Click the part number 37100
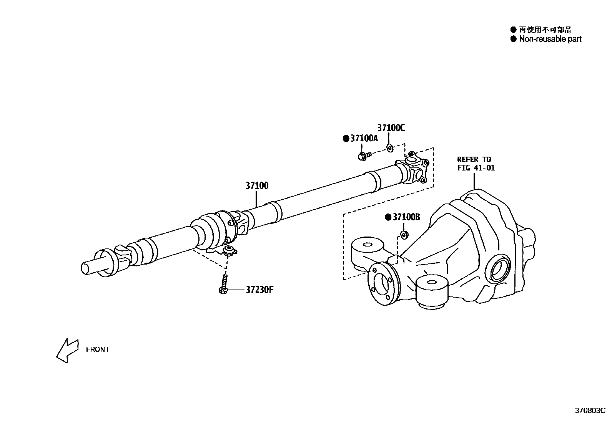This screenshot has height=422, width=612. point(257,186)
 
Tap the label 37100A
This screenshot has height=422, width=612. point(364,139)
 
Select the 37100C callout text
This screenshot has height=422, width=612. point(391,128)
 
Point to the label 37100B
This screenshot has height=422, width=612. point(406,217)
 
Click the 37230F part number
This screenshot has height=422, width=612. point(259,290)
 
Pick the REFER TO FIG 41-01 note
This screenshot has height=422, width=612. point(476,164)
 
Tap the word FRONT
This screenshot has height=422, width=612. point(98,349)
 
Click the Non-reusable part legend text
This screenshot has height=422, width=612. point(550,39)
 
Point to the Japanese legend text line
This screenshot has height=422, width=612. point(545,30)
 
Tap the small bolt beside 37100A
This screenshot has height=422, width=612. point(364,156)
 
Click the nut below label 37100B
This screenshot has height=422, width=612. point(404,234)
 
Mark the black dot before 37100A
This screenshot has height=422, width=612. point(346,139)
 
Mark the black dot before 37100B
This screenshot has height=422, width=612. point(388,217)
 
